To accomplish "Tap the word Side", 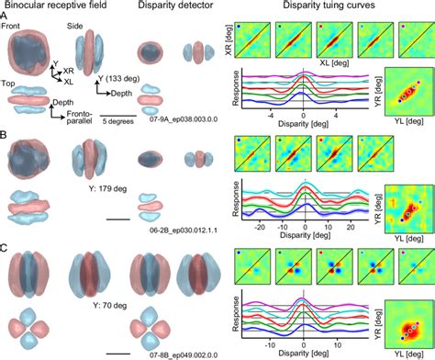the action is click(85, 26).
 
